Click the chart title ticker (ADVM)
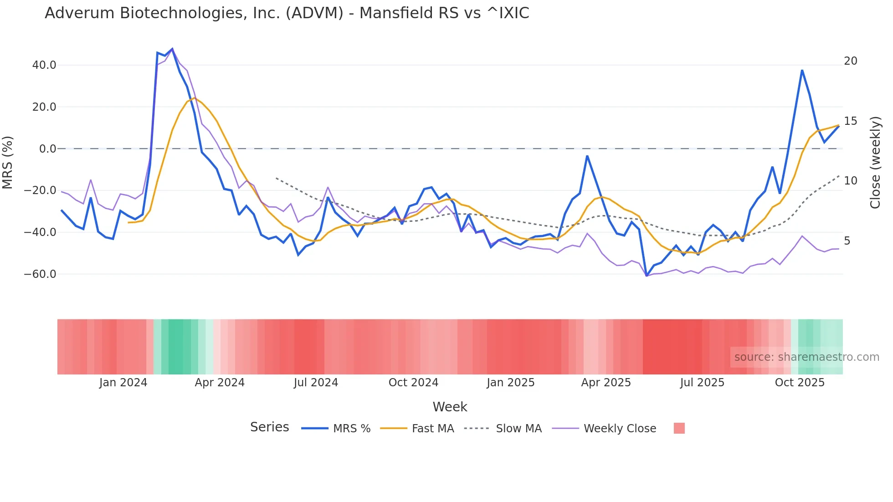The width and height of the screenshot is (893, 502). pyautogui.click(x=314, y=13)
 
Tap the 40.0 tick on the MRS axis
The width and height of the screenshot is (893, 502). pyautogui.click(x=44, y=65)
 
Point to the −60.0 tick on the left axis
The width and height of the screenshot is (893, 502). pyautogui.click(x=40, y=274)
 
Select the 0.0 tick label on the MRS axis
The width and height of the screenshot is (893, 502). pyautogui.click(x=47, y=149)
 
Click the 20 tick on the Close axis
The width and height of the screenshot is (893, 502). pyautogui.click(x=851, y=61)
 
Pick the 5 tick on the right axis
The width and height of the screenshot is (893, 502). pyautogui.click(x=847, y=241)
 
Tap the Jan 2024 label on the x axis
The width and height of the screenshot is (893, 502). pyautogui.click(x=123, y=383)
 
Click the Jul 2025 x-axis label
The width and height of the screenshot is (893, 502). pyautogui.click(x=702, y=383)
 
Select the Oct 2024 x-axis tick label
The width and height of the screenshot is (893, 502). pyautogui.click(x=413, y=383)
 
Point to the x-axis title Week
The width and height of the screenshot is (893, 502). pyautogui.click(x=450, y=407)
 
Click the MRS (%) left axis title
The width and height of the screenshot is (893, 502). pyautogui.click(x=8, y=162)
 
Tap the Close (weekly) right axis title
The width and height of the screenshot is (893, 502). pyautogui.click(x=875, y=162)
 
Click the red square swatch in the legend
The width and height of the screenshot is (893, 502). pyautogui.click(x=679, y=428)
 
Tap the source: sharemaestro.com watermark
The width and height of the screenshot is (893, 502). pyautogui.click(x=806, y=357)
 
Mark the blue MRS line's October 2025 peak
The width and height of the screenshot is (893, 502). pyautogui.click(x=802, y=71)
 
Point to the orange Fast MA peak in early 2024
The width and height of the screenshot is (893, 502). pyautogui.click(x=195, y=98)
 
